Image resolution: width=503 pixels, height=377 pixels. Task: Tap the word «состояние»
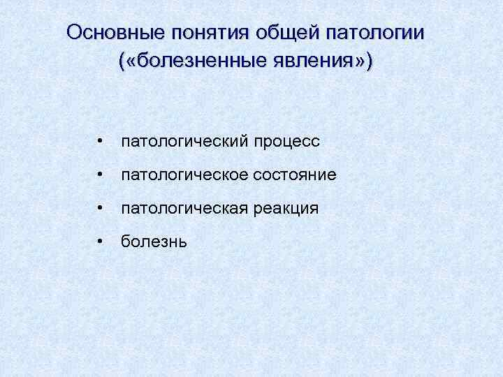293,175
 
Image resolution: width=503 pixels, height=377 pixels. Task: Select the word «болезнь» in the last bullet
154,242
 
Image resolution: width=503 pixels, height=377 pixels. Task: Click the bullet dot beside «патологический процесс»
101,142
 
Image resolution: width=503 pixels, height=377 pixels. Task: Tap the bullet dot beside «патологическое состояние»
101,175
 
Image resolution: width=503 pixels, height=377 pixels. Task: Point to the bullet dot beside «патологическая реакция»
101,209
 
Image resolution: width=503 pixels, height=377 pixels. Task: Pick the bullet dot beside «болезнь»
101,242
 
